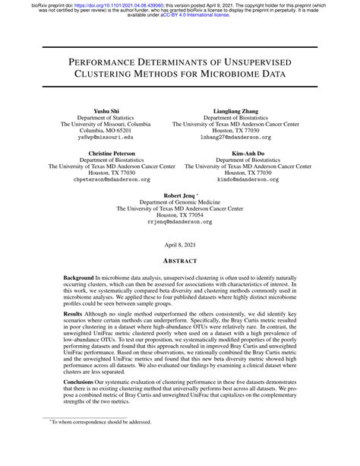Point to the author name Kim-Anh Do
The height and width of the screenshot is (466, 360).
point(252,153)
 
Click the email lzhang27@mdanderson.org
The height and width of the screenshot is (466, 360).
point(252,138)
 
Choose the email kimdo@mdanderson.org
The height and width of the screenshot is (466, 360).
point(252,180)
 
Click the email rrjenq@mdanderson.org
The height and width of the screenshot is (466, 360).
point(180,222)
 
